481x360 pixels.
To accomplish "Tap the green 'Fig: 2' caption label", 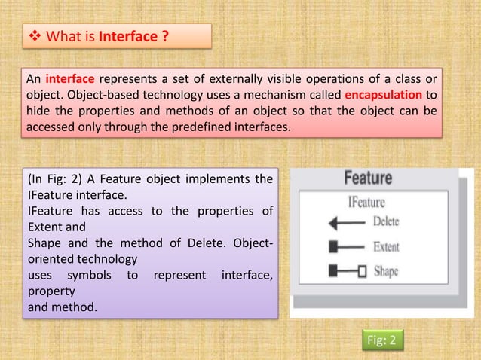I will click(382, 341).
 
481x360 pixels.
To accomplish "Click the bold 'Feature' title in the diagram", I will click(367, 179).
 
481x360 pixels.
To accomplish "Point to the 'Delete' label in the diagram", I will click(386, 223).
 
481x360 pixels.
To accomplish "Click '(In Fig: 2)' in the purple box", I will click(57, 179).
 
